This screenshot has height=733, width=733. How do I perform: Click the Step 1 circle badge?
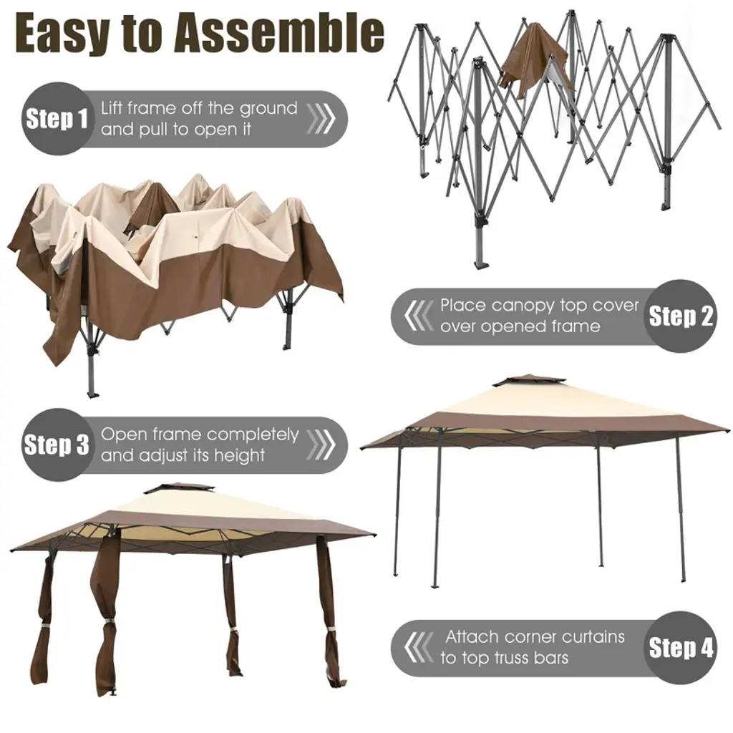coord(57,118)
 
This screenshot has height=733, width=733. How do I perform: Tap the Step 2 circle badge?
coord(680,316)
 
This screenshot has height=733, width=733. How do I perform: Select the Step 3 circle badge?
coord(57,445)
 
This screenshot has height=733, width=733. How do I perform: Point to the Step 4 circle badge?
coord(680,648)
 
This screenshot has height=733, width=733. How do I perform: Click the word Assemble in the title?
coord(279,34)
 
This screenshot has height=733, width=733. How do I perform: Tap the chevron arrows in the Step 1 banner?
coord(321,118)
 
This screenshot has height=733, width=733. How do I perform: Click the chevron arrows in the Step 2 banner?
coord(419,316)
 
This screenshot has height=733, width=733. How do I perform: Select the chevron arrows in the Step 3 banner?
coord(321,445)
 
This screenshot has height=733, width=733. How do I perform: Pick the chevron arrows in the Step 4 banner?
coord(419,648)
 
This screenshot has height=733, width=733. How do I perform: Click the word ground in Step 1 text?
coord(268,110)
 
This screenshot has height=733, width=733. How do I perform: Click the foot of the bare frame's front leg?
coord(481,265)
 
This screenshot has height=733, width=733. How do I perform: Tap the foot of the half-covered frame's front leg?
coord(93,394)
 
